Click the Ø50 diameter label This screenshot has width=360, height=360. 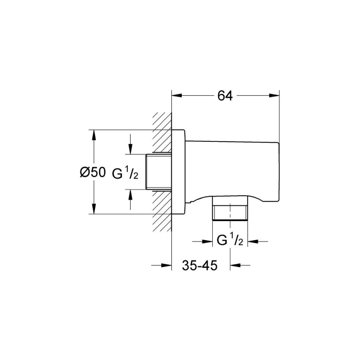pos(92,172)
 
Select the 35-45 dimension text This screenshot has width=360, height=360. pos(199,265)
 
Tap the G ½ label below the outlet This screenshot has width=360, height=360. pos(230,241)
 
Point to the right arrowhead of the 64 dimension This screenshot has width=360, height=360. pos(274,96)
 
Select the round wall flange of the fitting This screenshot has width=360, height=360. pos(178,172)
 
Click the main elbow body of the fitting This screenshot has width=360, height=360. pos(232,170)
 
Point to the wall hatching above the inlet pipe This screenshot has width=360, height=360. pos(162,133)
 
